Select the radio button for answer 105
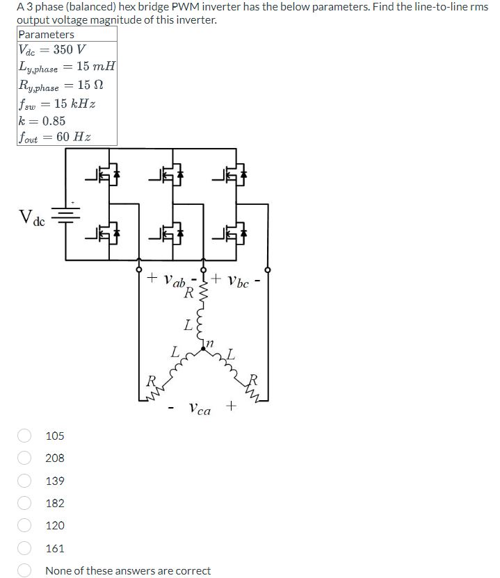pyautogui.click(x=25, y=436)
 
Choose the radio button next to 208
pyautogui.click(x=25, y=458)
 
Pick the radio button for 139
pyautogui.click(x=25, y=481)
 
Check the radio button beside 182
pyautogui.click(x=25, y=503)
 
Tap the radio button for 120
pyautogui.click(x=25, y=526)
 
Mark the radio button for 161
pyautogui.click(x=25, y=548)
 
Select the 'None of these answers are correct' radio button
pyautogui.click(x=25, y=570)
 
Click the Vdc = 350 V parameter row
pyautogui.click(x=52, y=50)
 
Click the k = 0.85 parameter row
pyautogui.click(x=42, y=120)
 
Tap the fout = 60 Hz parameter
pyautogui.click(x=55, y=137)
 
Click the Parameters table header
pyautogui.click(x=46, y=34)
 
